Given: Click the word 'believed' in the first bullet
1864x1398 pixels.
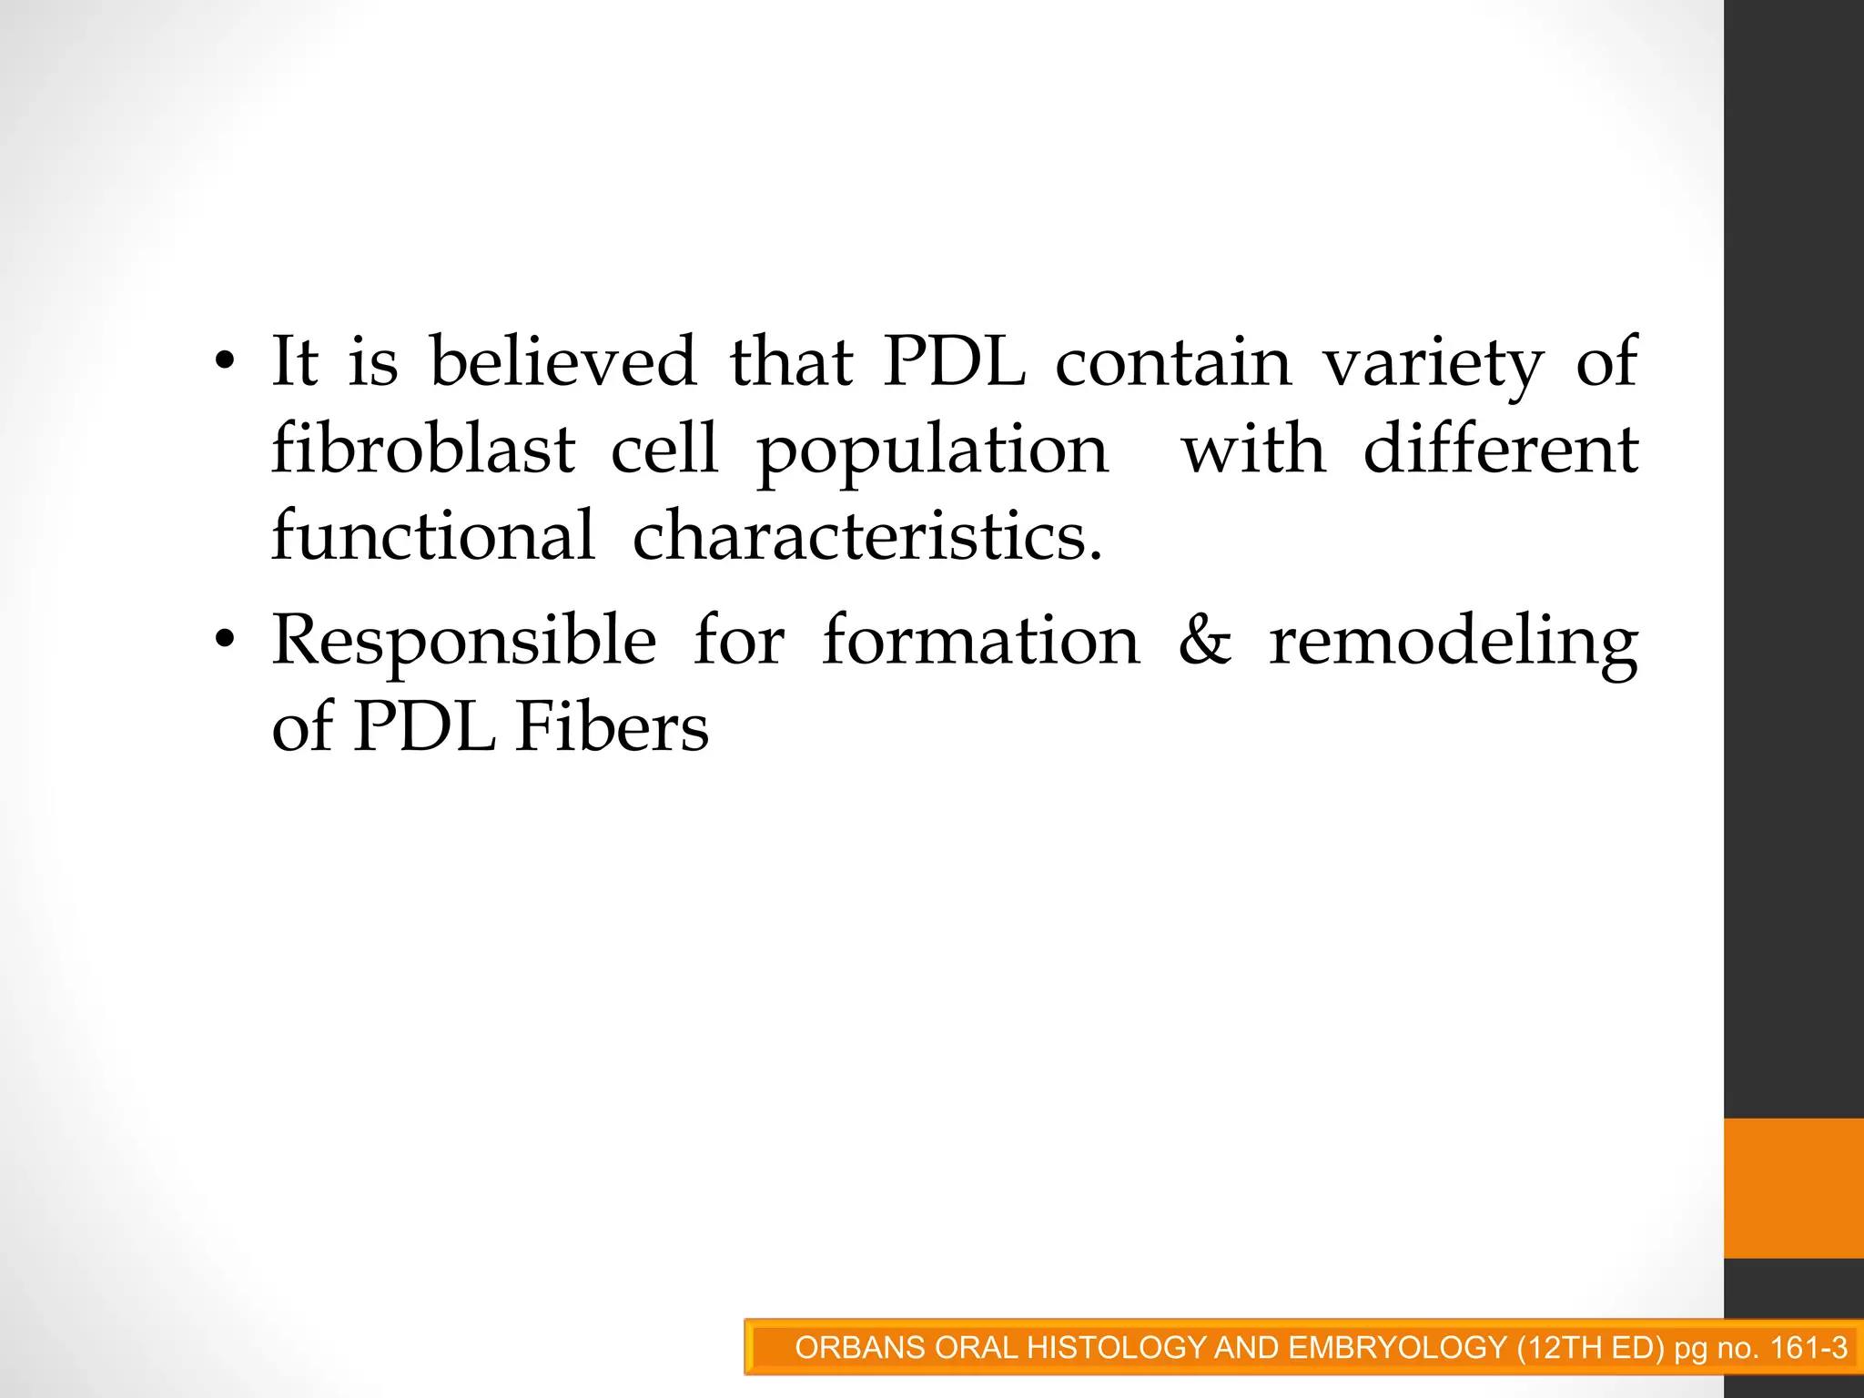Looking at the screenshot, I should point(562,361).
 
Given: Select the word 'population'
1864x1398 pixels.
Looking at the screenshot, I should point(933,452).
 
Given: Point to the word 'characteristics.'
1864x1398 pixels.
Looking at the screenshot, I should point(867,536).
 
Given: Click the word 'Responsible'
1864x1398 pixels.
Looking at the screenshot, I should point(464,641).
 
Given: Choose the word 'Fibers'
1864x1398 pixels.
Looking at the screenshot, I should point(612,727).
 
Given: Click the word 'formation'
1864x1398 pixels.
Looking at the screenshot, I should point(980,641).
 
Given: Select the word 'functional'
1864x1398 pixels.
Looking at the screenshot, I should point(433,536).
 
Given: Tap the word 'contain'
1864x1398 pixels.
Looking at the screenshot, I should point(1173,361).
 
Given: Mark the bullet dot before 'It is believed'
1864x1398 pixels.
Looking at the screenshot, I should point(225,363).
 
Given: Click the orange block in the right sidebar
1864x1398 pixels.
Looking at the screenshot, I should point(1793,1188).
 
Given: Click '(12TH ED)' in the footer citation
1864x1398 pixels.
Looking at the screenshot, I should point(1591,1347).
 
